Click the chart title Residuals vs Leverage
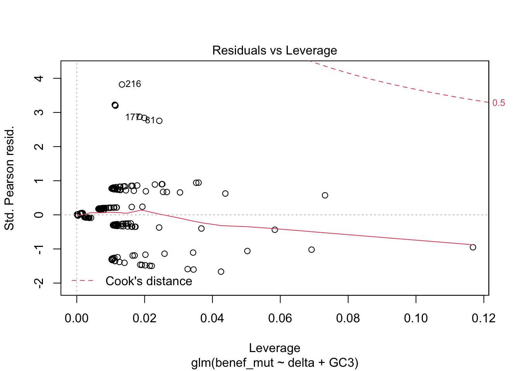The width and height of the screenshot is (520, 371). click(274, 51)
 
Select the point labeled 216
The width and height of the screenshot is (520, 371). click(122, 84)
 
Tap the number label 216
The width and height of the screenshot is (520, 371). click(133, 84)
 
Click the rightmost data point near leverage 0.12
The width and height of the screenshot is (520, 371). click(472, 247)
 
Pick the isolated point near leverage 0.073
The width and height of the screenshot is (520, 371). click(325, 195)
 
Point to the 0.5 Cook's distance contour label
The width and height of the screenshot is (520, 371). click(499, 103)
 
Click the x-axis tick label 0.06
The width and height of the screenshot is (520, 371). click(280, 318)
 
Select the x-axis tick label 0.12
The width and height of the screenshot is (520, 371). click(484, 318)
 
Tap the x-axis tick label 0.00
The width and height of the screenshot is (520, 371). click(77, 318)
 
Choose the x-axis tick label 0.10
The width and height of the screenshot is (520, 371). click(416, 318)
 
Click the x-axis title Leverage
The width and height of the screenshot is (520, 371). click(274, 348)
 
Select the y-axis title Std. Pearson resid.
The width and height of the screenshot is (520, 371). click(9, 178)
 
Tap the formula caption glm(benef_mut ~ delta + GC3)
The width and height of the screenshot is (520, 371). click(274, 363)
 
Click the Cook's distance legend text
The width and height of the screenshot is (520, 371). click(149, 281)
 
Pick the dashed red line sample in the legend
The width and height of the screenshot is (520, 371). click(82, 281)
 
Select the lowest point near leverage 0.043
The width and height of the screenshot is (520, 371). click(221, 272)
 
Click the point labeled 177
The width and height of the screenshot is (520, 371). click(140, 117)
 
